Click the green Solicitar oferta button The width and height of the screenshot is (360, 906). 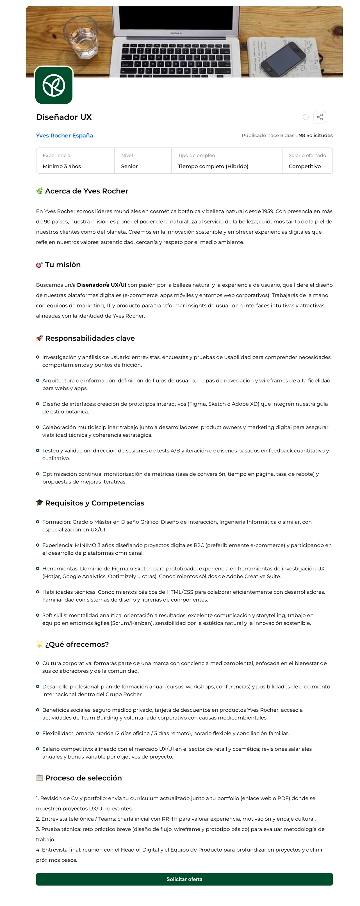[184, 879]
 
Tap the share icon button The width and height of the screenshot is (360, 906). [320, 117]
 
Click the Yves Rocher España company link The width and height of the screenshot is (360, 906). [64, 135]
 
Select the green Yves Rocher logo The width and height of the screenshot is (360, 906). [54, 85]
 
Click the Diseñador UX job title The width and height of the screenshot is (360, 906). [64, 117]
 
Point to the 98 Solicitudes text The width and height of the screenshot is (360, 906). [316, 135]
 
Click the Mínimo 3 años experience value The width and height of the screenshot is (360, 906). [62, 166]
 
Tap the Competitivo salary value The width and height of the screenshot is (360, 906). [304, 166]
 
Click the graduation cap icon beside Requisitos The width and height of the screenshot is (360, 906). [39, 503]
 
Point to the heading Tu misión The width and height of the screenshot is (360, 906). [63, 265]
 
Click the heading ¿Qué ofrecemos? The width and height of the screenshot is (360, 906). [77, 644]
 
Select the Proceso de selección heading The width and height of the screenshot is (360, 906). [83, 778]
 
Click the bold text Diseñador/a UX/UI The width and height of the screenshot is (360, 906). [102, 285]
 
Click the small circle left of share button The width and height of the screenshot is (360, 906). [306, 117]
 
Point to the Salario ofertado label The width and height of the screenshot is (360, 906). [307, 156]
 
